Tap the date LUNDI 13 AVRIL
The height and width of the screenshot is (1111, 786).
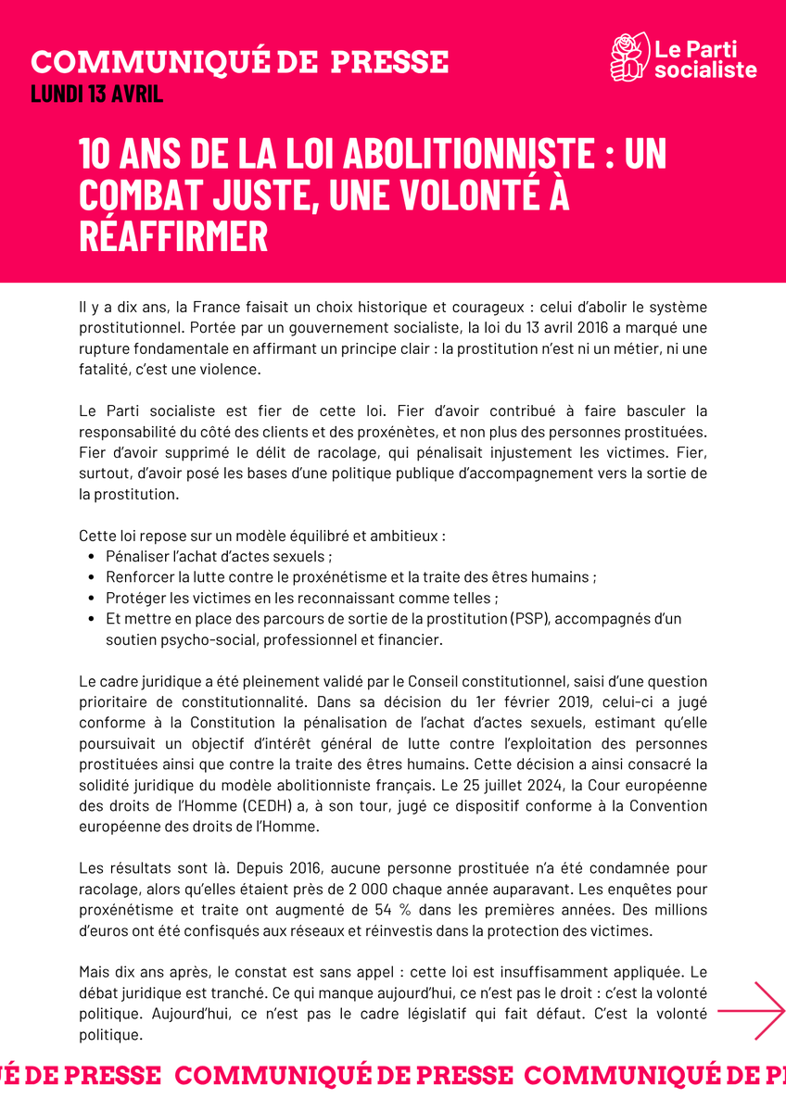tap(97, 94)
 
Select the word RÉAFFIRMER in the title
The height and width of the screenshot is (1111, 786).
tap(173, 236)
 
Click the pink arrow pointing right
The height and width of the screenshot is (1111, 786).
tap(752, 1010)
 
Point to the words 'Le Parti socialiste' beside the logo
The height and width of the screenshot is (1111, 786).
tap(704, 58)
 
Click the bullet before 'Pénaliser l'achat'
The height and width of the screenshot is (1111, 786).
tap(90, 557)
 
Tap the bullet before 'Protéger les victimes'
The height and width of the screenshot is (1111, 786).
tap(90, 598)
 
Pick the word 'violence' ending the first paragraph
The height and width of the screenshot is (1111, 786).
tap(235, 368)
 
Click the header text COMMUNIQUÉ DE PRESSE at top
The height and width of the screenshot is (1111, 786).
tap(239, 62)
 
